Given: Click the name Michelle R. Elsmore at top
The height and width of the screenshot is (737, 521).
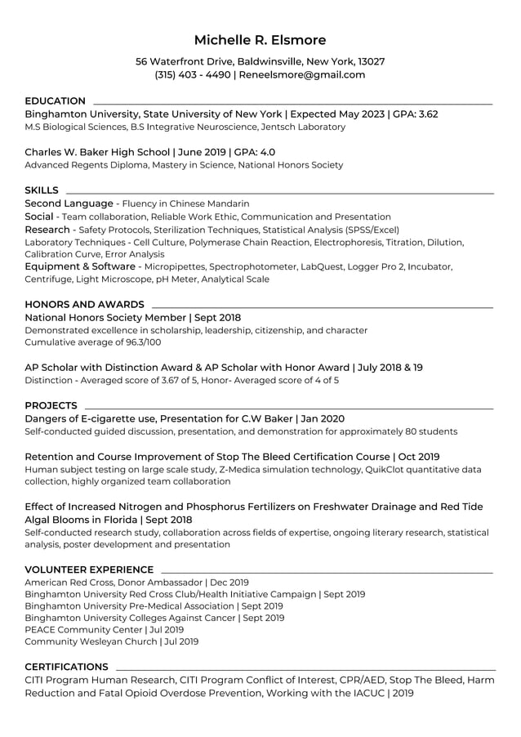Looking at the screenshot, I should click(x=260, y=40).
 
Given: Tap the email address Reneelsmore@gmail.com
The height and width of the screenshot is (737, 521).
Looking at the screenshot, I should click(x=302, y=74).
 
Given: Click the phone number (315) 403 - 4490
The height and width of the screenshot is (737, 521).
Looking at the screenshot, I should click(x=193, y=74).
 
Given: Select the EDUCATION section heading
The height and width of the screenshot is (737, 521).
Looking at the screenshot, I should click(x=55, y=100).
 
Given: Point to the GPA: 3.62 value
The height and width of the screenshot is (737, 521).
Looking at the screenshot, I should click(x=416, y=114).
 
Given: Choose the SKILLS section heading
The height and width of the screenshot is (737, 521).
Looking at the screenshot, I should click(x=42, y=190).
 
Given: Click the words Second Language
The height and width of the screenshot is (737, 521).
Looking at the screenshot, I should click(x=69, y=203).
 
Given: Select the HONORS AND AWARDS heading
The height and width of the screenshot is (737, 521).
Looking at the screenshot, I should click(x=84, y=305).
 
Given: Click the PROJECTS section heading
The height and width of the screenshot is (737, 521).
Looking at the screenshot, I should click(x=51, y=405).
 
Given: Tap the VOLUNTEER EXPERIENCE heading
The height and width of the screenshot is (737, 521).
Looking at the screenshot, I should click(x=89, y=569).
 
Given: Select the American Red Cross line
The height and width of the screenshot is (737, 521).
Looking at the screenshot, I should click(x=136, y=583).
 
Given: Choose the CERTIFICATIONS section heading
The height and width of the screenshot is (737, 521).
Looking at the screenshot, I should click(x=66, y=667).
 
